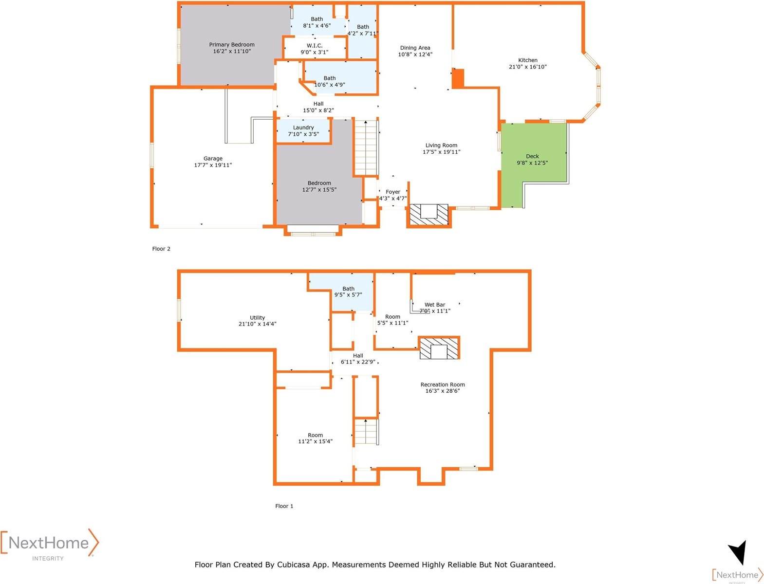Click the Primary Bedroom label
(x=232, y=45)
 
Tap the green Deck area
(x=532, y=156)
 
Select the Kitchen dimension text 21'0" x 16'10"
(x=527, y=67)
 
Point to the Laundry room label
(x=303, y=128)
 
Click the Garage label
(x=213, y=159)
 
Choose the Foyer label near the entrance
(x=393, y=192)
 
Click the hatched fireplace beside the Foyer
(x=429, y=215)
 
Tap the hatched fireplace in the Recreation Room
(x=439, y=348)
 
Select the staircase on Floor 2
(x=366, y=147)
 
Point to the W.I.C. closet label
(x=315, y=46)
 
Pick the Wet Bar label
(x=435, y=305)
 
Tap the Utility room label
(x=258, y=318)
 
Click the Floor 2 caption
(x=161, y=249)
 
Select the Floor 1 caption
(x=284, y=506)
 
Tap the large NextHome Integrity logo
(x=49, y=544)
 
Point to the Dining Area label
(x=415, y=48)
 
